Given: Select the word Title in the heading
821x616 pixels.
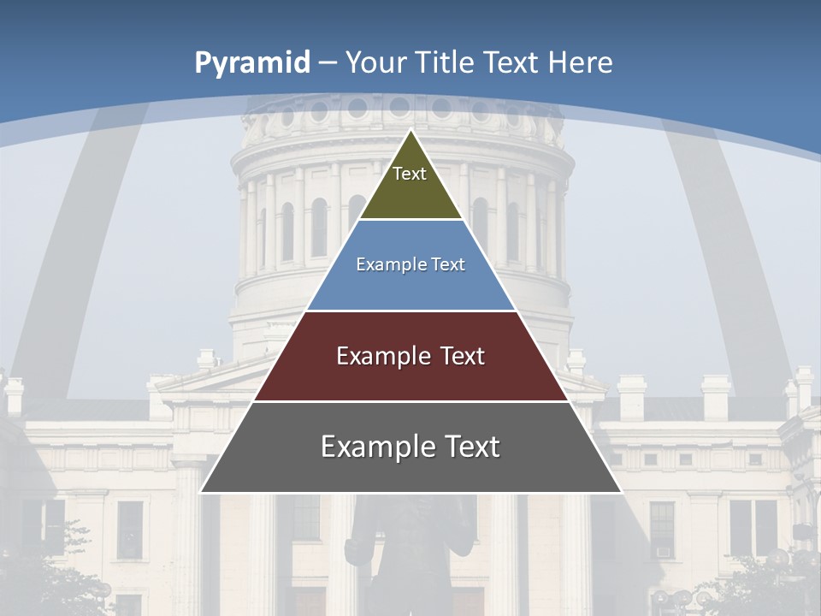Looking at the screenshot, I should [446, 62].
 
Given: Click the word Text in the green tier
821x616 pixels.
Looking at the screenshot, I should [410, 174].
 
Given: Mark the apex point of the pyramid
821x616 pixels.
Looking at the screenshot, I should [411, 129].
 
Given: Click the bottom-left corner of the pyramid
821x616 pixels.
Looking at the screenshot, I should [201, 492].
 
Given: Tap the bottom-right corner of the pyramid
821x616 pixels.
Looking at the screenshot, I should [621, 492].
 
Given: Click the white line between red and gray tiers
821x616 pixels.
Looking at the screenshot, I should [410, 401].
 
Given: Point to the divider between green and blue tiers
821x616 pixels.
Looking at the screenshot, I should [410, 220].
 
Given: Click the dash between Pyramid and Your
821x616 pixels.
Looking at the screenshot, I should [327, 63].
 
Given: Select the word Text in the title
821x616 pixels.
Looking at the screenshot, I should [511, 62].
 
